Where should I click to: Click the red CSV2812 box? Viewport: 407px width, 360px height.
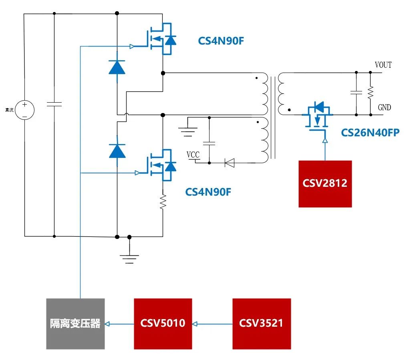coord(325,184)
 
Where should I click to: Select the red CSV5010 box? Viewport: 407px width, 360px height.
coord(163,323)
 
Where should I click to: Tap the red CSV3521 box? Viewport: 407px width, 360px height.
coord(261,323)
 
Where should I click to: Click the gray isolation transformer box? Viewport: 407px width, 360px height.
coord(75,323)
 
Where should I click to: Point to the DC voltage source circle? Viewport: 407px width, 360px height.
coord(24,110)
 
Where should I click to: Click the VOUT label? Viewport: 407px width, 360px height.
coord(383,65)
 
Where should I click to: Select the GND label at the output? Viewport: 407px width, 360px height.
coord(384,108)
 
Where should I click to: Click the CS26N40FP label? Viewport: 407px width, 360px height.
coord(370,133)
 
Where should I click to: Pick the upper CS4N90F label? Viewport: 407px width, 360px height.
coord(221,41)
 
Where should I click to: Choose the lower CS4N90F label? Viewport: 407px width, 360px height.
coord(208,192)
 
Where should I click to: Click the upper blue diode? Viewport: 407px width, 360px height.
coord(117,67)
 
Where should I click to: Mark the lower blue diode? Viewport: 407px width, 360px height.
coord(117,151)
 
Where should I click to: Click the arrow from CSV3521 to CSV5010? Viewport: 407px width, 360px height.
coord(212,323)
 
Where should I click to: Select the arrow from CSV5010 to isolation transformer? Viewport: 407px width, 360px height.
coord(119,323)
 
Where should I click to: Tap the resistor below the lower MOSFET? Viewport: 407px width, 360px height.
coord(163,202)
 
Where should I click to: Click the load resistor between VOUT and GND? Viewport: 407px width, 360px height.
coord(370,93)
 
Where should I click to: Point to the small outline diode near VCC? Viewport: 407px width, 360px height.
coord(230,163)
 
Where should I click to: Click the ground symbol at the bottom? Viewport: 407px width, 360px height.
coord(129,257)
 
